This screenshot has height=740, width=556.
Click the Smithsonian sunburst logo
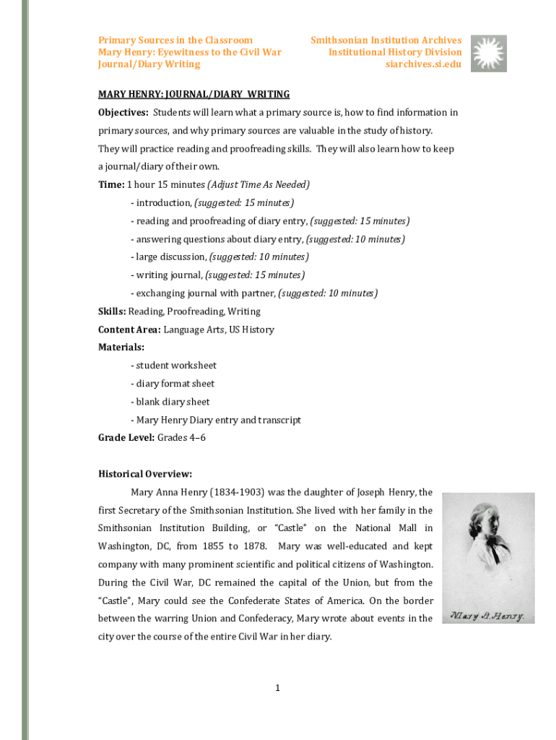[x=489, y=53]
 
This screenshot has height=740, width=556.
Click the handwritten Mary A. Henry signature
[x=487, y=616]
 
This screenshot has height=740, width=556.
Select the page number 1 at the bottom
[x=277, y=688]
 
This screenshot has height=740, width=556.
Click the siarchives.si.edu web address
[x=424, y=64]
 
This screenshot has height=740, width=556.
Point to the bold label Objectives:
[x=123, y=113]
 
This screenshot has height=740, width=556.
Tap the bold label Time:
[x=111, y=185]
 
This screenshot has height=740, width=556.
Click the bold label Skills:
[x=112, y=311]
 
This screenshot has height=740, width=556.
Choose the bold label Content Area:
[x=129, y=330]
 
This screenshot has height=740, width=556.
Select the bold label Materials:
[x=121, y=348]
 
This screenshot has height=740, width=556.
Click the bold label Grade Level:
[x=126, y=438]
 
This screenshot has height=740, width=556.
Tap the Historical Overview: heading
[x=145, y=474]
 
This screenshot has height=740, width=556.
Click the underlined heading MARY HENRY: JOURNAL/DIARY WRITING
[x=194, y=95]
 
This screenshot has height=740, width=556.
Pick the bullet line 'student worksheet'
[x=173, y=366]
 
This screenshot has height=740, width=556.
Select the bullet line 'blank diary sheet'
[x=170, y=402]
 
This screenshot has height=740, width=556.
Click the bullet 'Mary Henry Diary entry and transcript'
[x=216, y=420]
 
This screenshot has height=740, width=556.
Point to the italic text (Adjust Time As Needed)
[x=259, y=185]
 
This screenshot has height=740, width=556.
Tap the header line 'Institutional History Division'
[x=395, y=52]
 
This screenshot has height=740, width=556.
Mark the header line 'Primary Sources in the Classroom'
[x=175, y=40]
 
